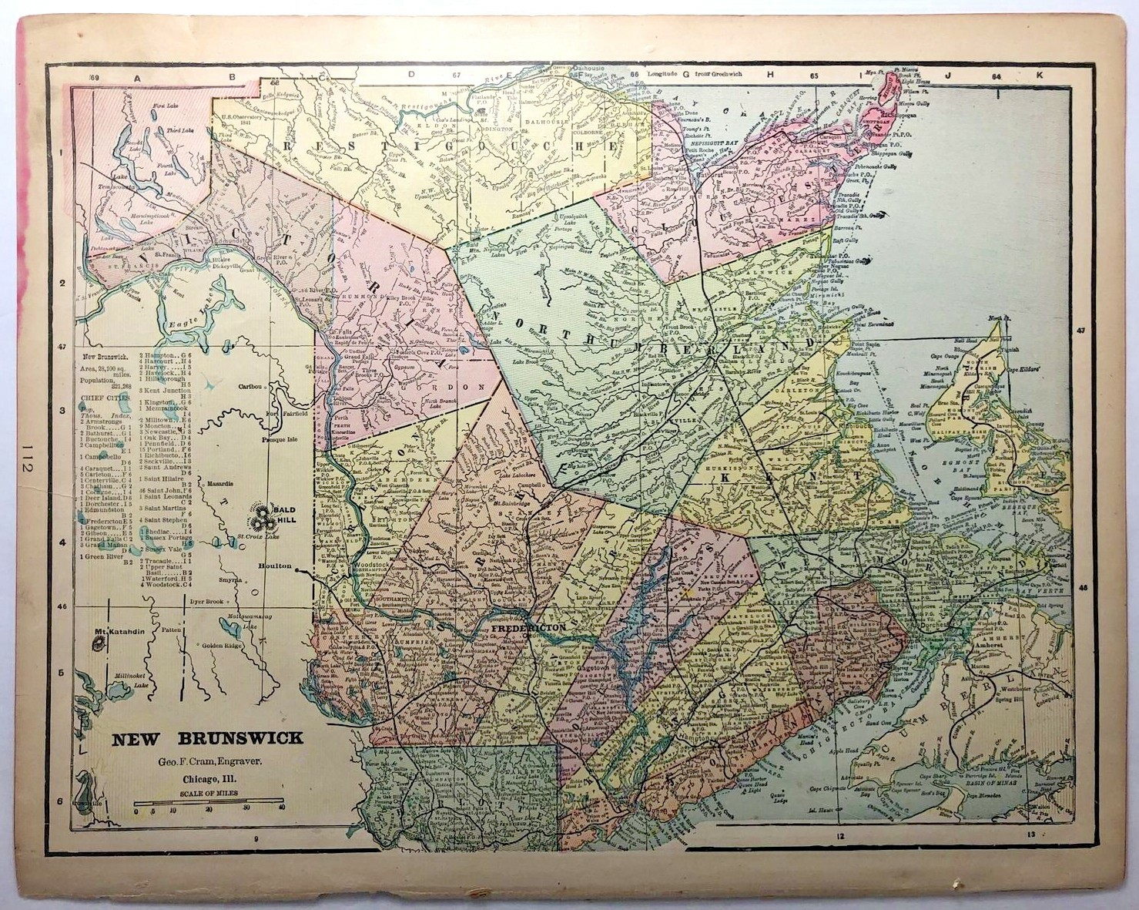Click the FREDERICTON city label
pyautogui.click(x=529, y=629)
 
